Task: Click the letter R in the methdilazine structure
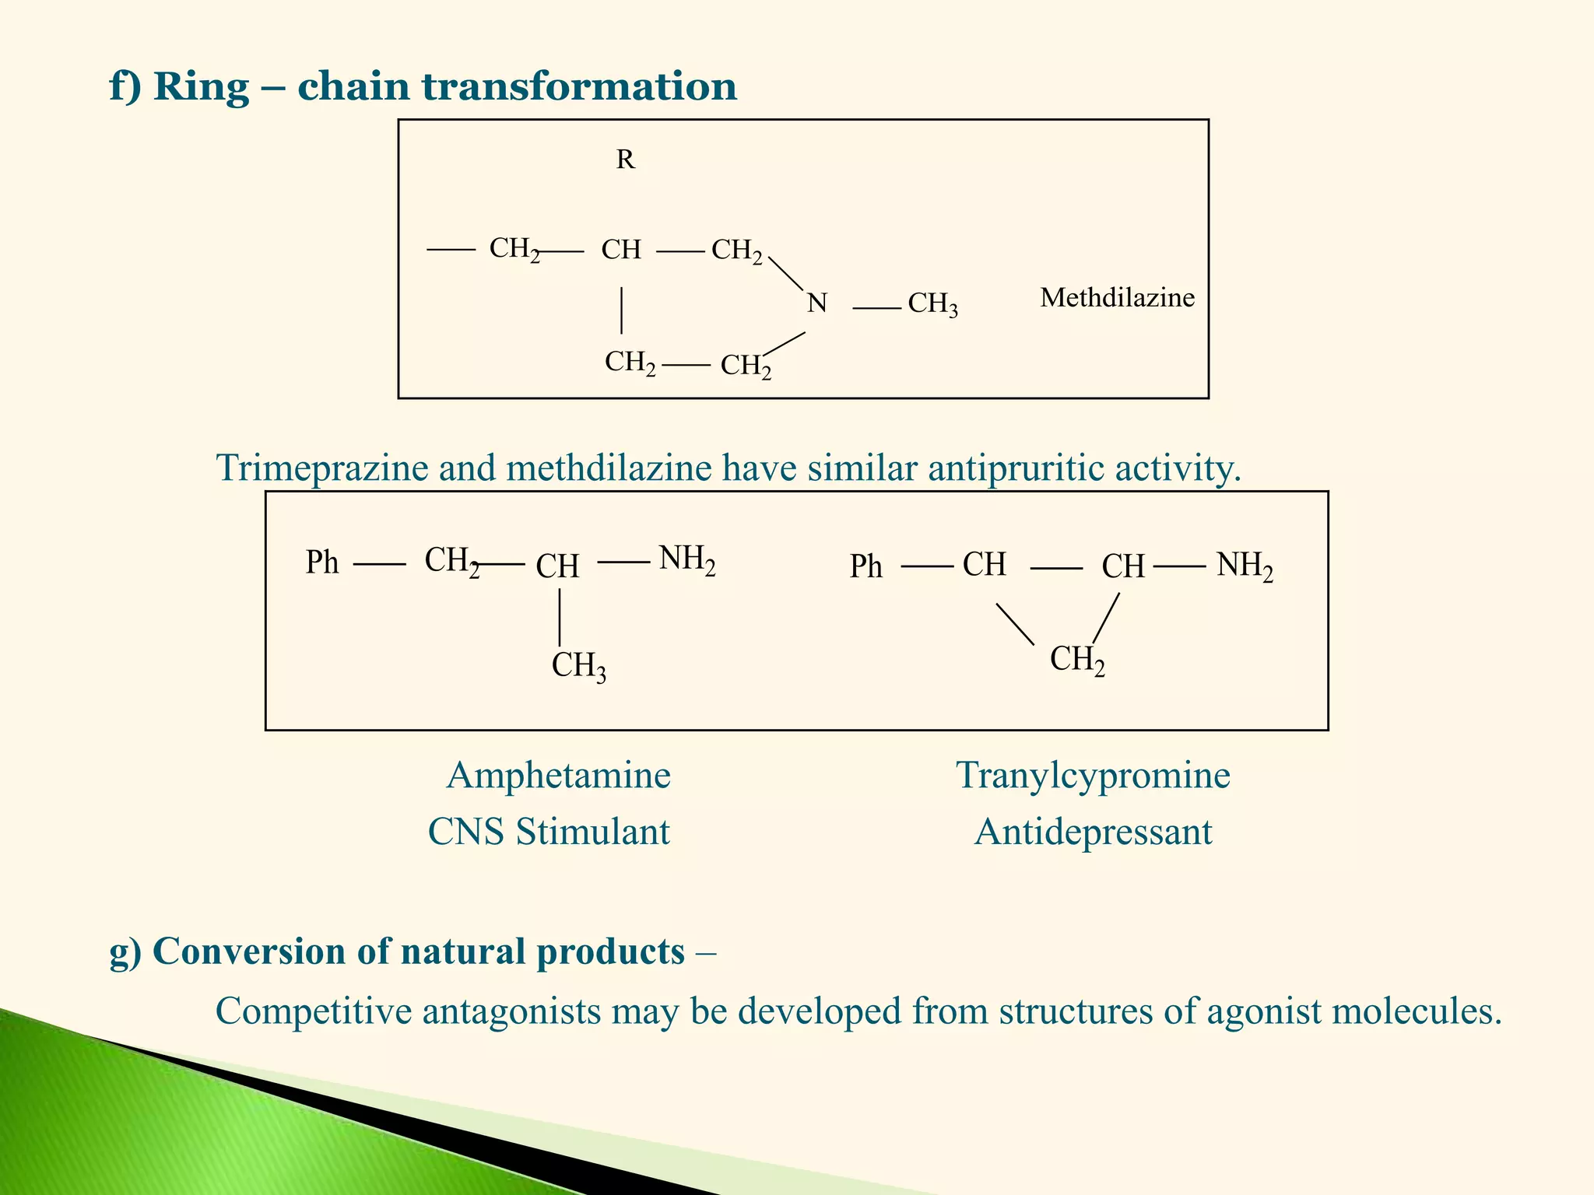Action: click(625, 159)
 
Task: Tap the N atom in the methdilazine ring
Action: click(816, 303)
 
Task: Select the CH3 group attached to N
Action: click(932, 304)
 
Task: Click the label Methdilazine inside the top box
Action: click(1117, 297)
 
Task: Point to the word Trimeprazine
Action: click(322, 468)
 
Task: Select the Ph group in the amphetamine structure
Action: click(322, 562)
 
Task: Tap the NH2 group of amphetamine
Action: click(686, 559)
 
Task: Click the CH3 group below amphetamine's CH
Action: click(578, 667)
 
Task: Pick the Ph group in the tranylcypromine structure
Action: click(865, 566)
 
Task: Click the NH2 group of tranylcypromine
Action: click(1245, 566)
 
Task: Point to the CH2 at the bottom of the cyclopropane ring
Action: click(1077, 661)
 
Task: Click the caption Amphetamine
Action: click(558, 776)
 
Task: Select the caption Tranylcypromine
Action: click(1093, 776)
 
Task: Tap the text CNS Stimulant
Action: click(549, 832)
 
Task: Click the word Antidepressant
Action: click(1093, 832)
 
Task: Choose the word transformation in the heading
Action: click(579, 86)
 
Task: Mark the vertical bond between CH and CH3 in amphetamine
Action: click(560, 617)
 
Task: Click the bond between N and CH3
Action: click(876, 309)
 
